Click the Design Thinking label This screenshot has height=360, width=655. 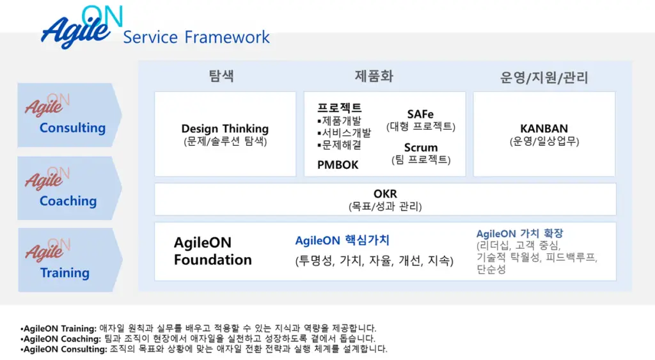(225, 129)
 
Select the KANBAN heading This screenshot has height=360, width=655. (544, 129)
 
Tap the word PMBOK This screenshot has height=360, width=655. (338, 165)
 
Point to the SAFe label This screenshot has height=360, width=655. (420, 114)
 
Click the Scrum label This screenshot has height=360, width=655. (421, 148)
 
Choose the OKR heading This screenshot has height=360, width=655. (385, 194)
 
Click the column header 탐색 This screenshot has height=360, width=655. (221, 75)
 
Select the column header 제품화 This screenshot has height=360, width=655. (374, 76)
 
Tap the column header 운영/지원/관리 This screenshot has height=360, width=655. (544, 77)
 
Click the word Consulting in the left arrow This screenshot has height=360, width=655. (72, 128)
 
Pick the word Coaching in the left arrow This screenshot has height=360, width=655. (68, 201)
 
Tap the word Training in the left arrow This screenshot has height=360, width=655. (65, 272)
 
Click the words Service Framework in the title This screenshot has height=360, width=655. (196, 37)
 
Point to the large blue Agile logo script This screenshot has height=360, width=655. (76, 30)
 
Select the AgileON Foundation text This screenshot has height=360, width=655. (212, 251)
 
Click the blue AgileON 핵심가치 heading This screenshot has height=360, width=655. (342, 240)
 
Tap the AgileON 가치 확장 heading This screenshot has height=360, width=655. (519, 233)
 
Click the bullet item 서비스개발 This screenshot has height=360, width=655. (344, 133)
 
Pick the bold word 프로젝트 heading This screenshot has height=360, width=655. (339, 108)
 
